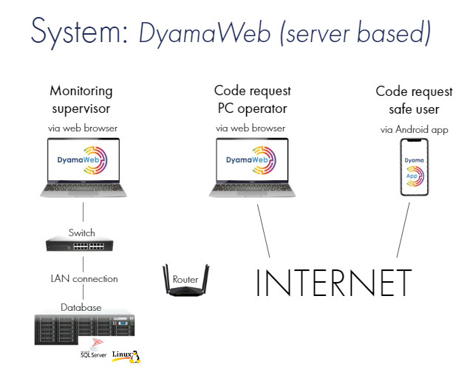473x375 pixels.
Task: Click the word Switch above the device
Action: coord(82,232)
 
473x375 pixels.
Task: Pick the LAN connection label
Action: coord(84,279)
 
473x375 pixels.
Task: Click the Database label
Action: coord(81,307)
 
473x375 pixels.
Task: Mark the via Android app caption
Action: coord(414,129)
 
